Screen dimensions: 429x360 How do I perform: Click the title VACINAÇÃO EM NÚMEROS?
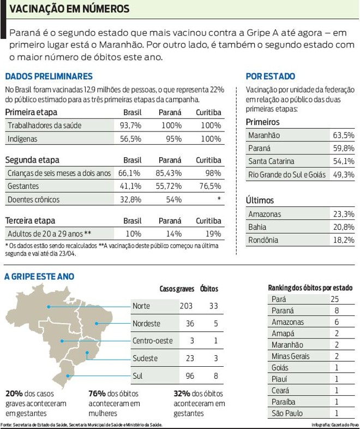click(x=70, y=9)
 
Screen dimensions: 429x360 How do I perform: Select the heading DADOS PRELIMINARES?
click(x=49, y=77)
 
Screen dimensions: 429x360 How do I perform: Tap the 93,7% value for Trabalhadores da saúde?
click(x=130, y=126)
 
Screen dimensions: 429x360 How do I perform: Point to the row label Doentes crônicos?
click(x=34, y=200)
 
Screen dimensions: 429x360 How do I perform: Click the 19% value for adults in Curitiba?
click(x=214, y=234)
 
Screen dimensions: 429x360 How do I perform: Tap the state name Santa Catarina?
click(x=271, y=162)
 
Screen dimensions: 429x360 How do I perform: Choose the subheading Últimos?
click(x=260, y=201)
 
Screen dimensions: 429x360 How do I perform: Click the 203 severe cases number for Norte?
click(x=186, y=306)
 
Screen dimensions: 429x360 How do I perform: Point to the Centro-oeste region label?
click(x=153, y=341)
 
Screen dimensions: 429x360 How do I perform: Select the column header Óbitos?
click(x=209, y=288)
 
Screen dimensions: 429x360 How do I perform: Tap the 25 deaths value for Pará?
click(x=335, y=299)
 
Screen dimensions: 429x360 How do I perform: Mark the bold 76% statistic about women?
click(x=97, y=394)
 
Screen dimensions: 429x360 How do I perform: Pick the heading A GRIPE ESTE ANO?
click(x=39, y=277)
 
